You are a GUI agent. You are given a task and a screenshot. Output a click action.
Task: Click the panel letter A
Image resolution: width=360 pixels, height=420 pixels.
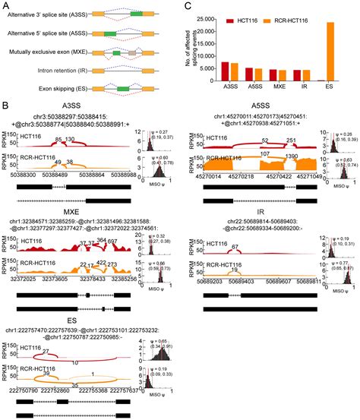point(6,5)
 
